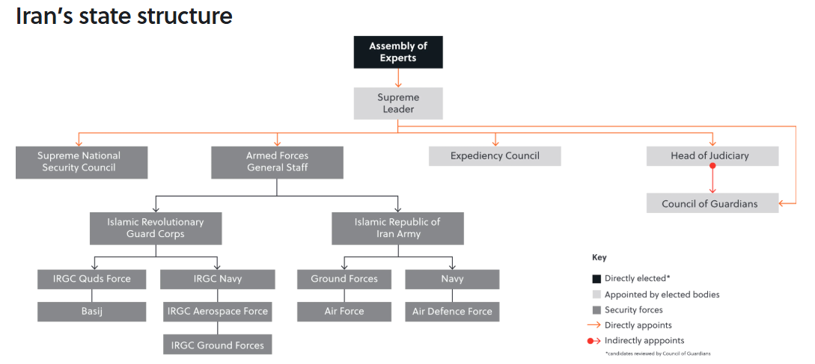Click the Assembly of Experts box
point(397,52)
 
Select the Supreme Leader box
point(397,103)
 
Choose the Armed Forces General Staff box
point(277,162)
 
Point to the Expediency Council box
point(494,156)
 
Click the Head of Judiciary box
point(712,156)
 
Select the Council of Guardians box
point(712,203)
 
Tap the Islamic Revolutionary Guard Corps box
point(156,228)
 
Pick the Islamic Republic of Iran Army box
point(397,228)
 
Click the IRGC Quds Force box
point(92,280)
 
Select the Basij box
point(92,312)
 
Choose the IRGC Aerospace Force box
point(218,312)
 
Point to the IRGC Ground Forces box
point(218,345)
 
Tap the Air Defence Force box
point(452,312)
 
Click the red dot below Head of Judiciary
point(712,167)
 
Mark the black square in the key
point(596,279)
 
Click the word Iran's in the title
point(47,16)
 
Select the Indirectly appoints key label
point(644,341)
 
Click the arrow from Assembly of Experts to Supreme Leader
point(397,78)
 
